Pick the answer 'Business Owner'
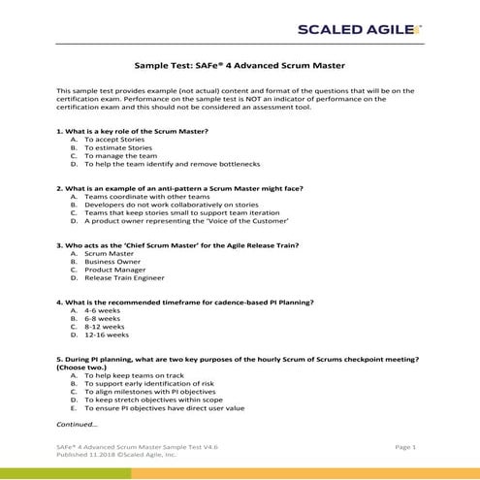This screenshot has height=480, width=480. [112, 262]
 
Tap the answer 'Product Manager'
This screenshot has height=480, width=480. [116, 271]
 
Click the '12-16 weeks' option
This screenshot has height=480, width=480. [107, 335]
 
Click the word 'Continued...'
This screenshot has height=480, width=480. [77, 425]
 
